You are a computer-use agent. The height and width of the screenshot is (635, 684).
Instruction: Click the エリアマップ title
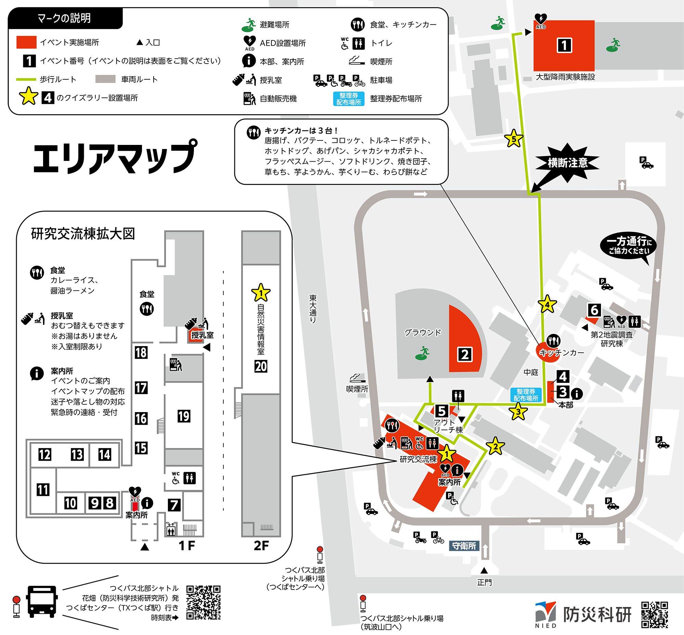(x=115, y=158)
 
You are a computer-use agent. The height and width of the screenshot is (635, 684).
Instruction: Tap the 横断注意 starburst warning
(x=567, y=163)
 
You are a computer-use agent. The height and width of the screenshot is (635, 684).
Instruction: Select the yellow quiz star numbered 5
(x=513, y=139)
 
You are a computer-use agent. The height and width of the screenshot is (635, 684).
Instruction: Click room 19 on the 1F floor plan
(x=184, y=416)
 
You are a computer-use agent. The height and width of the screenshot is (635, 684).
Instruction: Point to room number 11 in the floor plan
(x=43, y=490)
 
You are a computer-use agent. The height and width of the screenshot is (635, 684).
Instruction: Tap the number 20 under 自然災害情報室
(x=261, y=366)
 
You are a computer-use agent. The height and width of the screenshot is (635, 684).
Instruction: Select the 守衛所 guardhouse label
(x=464, y=546)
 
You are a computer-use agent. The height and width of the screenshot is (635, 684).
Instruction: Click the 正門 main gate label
(x=484, y=582)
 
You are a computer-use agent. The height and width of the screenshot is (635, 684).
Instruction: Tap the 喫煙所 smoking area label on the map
(x=357, y=389)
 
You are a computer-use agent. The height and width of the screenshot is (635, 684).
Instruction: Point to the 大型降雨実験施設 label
(x=565, y=77)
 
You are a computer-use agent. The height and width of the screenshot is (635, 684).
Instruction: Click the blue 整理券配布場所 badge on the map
(x=526, y=395)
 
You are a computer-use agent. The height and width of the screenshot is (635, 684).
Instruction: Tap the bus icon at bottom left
(x=42, y=601)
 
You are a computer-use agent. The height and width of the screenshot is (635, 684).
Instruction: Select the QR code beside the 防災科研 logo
(x=655, y=614)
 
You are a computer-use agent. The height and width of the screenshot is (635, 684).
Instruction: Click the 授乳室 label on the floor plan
(x=202, y=335)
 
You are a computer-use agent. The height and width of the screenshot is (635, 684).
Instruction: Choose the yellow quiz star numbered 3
(x=518, y=411)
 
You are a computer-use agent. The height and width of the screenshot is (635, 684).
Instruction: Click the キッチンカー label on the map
(x=561, y=353)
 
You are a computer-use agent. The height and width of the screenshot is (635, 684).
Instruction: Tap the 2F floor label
(x=261, y=545)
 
